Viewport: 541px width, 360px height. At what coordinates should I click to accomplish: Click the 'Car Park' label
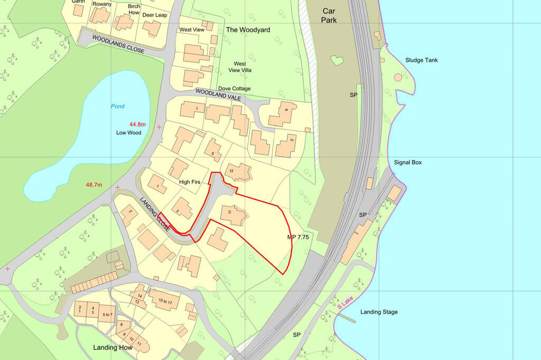pos(330,15)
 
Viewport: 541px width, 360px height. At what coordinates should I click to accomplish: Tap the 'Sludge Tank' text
pos(421,60)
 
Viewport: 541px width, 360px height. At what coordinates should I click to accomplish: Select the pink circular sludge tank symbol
pos(398,78)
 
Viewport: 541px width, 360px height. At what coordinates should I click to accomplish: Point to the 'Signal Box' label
pos(408,163)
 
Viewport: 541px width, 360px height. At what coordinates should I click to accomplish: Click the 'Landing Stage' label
pos(379,312)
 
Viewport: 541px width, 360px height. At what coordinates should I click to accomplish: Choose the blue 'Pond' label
pos(117,106)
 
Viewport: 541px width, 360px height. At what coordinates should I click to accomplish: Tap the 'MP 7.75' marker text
pos(298,238)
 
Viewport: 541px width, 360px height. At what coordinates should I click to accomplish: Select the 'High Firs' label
pos(191,182)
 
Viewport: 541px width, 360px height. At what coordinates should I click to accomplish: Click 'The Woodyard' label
pos(248,30)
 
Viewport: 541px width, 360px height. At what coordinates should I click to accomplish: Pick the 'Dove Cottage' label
pos(234,89)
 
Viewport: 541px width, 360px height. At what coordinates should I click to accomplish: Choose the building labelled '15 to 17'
pos(164,301)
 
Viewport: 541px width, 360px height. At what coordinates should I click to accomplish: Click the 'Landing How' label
pos(111,347)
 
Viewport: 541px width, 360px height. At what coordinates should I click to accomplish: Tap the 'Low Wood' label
pos(128,132)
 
